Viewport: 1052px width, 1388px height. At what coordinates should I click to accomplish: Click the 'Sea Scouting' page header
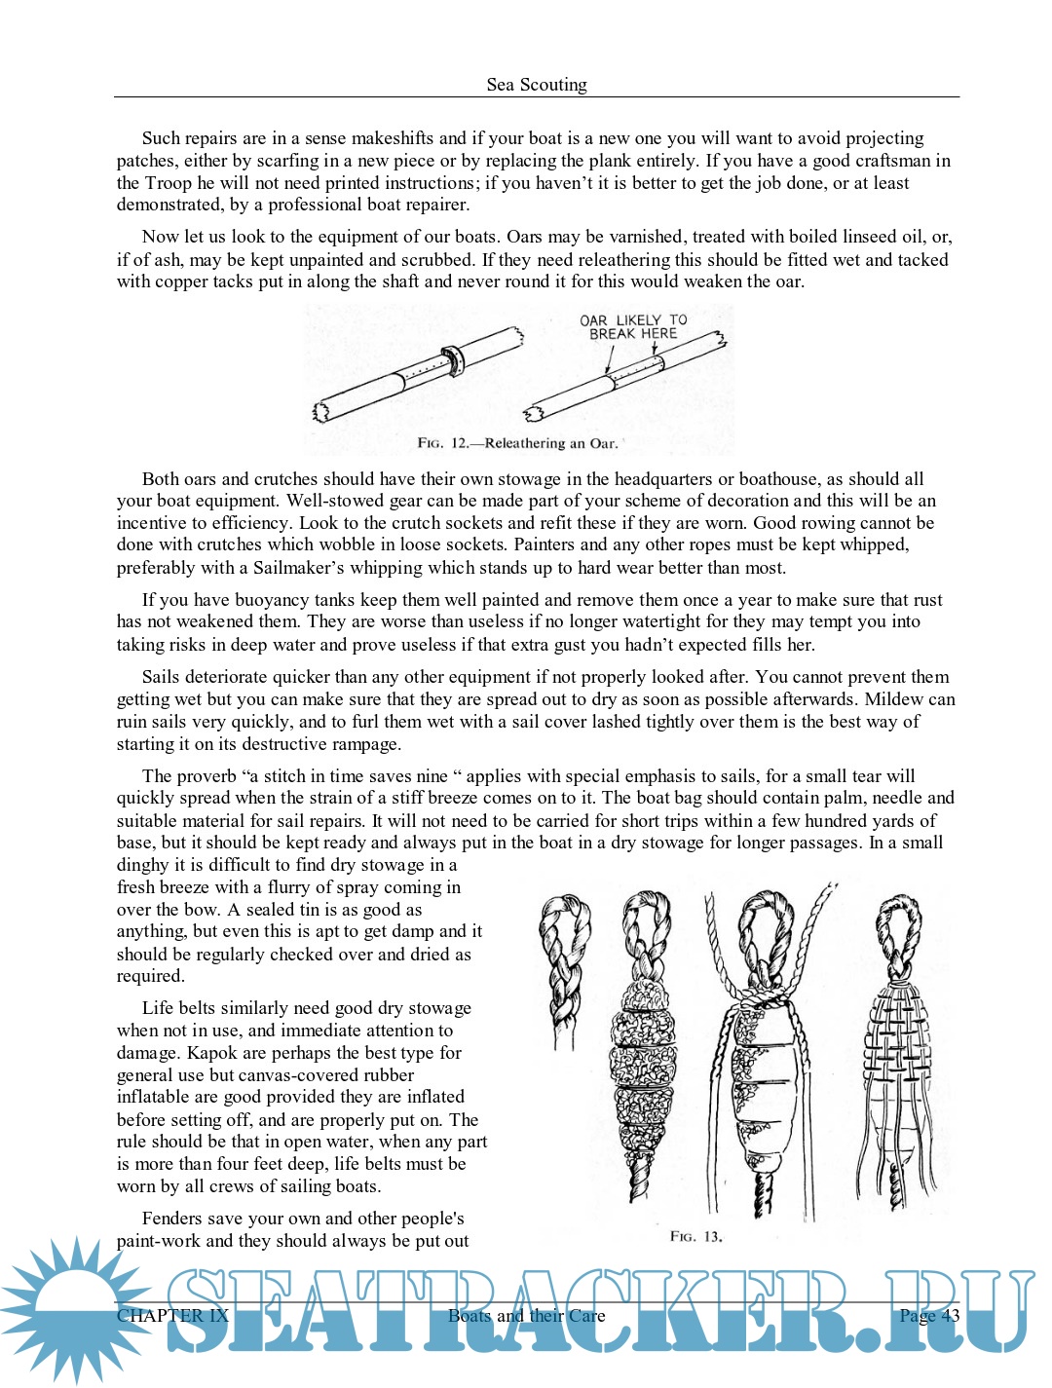point(537,85)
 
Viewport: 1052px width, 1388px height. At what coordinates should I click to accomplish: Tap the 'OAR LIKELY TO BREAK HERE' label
point(633,326)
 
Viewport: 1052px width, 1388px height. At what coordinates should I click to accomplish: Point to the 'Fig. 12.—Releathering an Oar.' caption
point(517,443)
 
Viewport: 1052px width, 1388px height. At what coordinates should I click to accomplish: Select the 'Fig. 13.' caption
point(695,1237)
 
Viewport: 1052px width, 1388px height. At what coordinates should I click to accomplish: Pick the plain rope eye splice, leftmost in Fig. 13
point(563,964)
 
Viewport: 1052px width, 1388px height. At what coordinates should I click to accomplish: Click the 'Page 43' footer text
point(929,1316)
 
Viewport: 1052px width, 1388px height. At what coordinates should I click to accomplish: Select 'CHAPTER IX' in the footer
point(172,1316)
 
